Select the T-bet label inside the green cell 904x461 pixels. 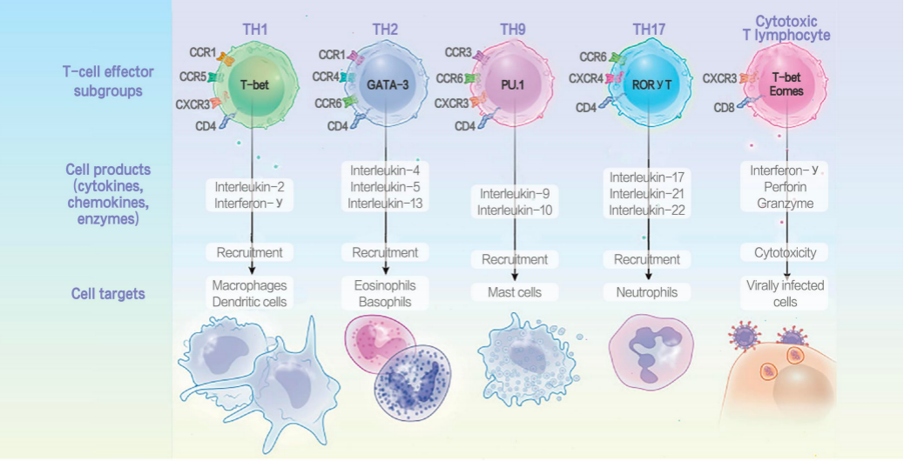coord(254,84)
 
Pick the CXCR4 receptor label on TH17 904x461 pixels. coord(585,78)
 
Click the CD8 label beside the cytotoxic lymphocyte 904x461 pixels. coord(725,108)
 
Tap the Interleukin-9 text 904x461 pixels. coord(514,194)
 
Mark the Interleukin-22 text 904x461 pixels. coord(645,210)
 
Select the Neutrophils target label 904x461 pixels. coord(645,293)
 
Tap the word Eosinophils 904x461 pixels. coord(385,285)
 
